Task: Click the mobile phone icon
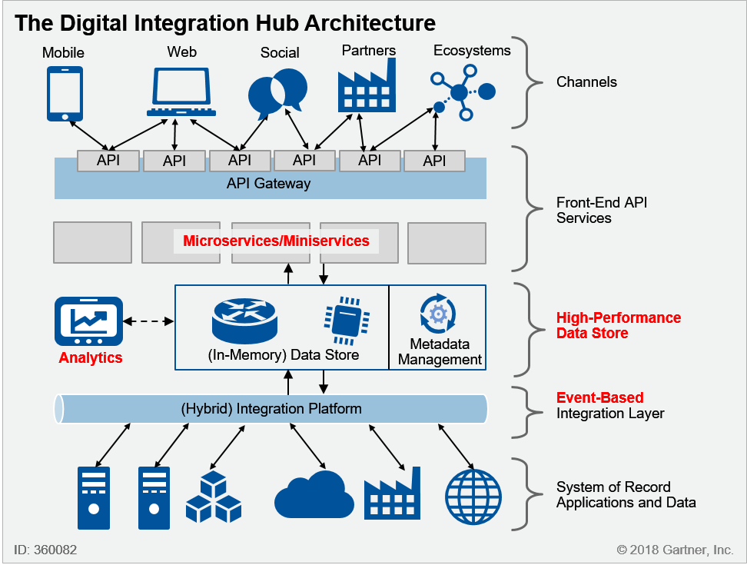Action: (x=65, y=93)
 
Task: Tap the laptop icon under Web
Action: (x=177, y=91)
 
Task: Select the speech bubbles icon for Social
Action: (x=277, y=91)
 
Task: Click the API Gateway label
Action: (x=269, y=184)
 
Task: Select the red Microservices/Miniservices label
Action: (x=276, y=241)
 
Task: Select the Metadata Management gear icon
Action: (x=439, y=314)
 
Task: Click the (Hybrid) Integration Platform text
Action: (x=271, y=409)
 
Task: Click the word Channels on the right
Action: (x=586, y=82)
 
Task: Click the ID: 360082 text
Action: (x=45, y=550)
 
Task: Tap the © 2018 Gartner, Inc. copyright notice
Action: (x=674, y=550)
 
